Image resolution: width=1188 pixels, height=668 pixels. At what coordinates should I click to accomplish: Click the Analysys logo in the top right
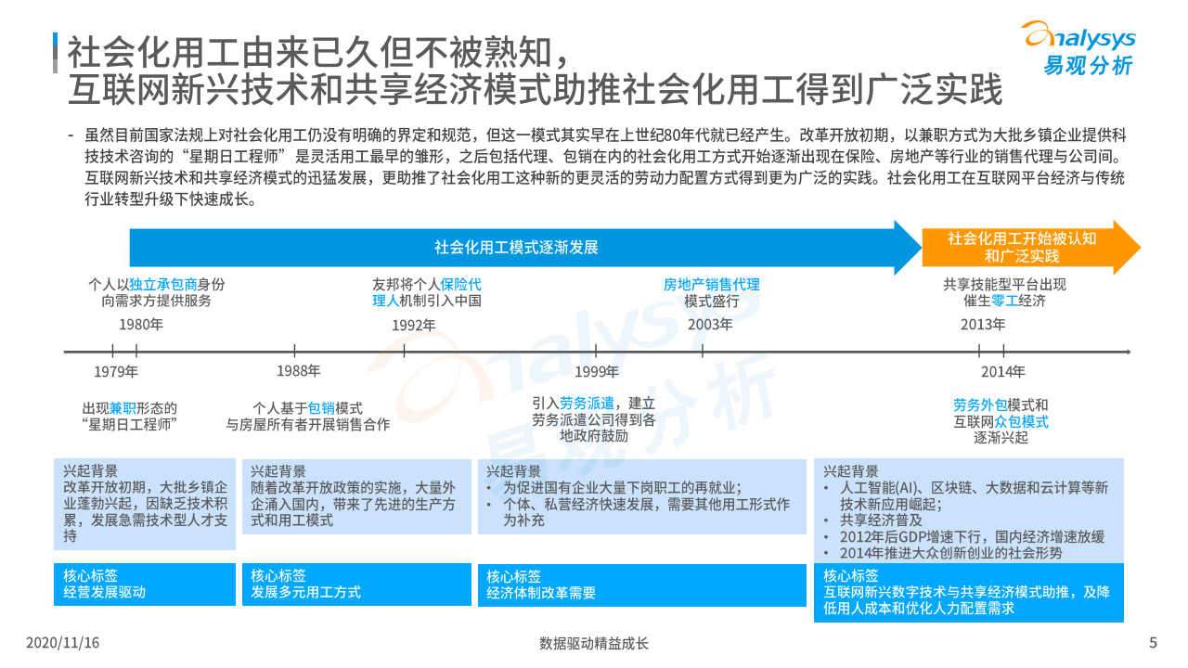(1078, 48)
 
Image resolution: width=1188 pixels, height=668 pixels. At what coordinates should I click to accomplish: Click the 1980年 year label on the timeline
(141, 325)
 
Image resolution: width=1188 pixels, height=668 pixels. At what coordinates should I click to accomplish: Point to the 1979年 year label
(116, 372)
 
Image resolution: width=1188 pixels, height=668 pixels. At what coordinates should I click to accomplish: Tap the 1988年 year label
(299, 371)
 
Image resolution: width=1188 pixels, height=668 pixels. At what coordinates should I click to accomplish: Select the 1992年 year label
(413, 325)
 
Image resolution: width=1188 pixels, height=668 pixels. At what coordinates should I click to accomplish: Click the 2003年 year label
(710, 325)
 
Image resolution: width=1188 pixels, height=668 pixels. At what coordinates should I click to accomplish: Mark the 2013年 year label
(983, 325)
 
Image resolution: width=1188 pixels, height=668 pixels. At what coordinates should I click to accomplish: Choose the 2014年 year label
(1003, 372)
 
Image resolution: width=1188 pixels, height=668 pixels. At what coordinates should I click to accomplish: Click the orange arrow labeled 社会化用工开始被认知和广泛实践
(1022, 247)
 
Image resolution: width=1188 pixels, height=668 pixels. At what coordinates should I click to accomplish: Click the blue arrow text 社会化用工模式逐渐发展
(516, 248)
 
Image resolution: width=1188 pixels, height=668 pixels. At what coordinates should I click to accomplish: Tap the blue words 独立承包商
(163, 285)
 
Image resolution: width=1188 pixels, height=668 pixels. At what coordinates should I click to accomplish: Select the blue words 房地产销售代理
(711, 285)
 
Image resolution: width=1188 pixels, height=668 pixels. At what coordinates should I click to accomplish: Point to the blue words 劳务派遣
(587, 404)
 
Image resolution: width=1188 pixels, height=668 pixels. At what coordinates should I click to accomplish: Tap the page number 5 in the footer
(1153, 643)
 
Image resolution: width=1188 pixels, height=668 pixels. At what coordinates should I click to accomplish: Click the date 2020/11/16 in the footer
(63, 643)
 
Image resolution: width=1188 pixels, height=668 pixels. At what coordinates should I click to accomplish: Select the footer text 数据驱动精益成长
(594, 643)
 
